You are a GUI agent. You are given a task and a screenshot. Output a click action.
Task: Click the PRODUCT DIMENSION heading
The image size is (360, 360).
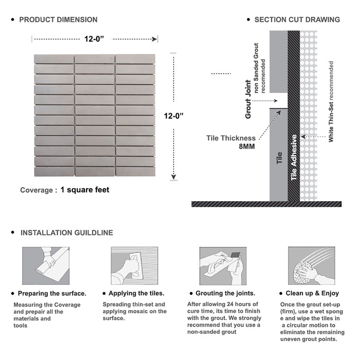(x=58, y=20)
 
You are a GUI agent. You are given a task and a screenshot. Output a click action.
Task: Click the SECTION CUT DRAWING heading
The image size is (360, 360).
(x=297, y=20)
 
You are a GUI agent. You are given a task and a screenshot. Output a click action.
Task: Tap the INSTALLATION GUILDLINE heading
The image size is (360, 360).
(x=66, y=233)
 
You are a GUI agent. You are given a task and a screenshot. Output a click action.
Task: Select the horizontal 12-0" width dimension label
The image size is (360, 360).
(x=95, y=38)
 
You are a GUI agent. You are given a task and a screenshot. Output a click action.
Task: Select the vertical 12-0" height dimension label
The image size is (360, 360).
(x=174, y=116)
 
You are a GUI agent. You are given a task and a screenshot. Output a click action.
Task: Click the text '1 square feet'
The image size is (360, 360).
(x=85, y=190)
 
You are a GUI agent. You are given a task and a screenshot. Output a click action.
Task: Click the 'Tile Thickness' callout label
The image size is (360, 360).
(x=231, y=138)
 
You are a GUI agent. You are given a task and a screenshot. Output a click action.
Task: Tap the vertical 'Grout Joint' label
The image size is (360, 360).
(x=248, y=99)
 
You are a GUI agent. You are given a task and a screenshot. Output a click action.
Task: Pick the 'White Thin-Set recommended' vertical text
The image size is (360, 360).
(x=331, y=101)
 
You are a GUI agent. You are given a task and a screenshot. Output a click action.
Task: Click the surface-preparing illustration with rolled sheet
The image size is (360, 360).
(x=46, y=266)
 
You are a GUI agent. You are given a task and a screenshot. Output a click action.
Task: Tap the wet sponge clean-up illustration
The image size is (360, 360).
(x=311, y=266)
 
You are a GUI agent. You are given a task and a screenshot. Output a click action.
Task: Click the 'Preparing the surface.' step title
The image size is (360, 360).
(x=52, y=294)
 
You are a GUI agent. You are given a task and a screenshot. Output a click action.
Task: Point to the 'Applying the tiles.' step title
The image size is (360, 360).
(x=136, y=294)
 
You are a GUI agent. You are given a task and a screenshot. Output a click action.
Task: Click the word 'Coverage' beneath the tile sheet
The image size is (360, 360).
(x=36, y=190)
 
